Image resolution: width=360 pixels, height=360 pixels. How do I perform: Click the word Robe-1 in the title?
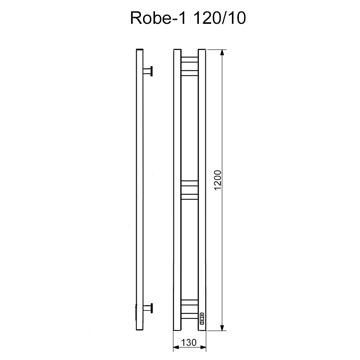[158, 18]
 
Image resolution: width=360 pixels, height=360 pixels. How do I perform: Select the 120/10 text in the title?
[220, 18]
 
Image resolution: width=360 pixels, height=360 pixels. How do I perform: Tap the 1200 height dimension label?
[217, 180]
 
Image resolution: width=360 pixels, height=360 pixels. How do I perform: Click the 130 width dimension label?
[189, 342]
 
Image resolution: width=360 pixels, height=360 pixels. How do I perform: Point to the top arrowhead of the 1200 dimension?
[222, 53]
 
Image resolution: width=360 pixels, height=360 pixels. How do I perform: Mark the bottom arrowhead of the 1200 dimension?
[222, 328]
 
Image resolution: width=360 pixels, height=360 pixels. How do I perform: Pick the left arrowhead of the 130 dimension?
[176, 347]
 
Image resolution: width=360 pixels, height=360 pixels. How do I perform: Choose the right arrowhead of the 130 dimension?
[203, 347]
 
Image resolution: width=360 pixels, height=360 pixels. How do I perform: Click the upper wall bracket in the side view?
[148, 71]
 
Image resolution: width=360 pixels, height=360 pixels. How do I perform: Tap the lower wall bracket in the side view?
[148, 309]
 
